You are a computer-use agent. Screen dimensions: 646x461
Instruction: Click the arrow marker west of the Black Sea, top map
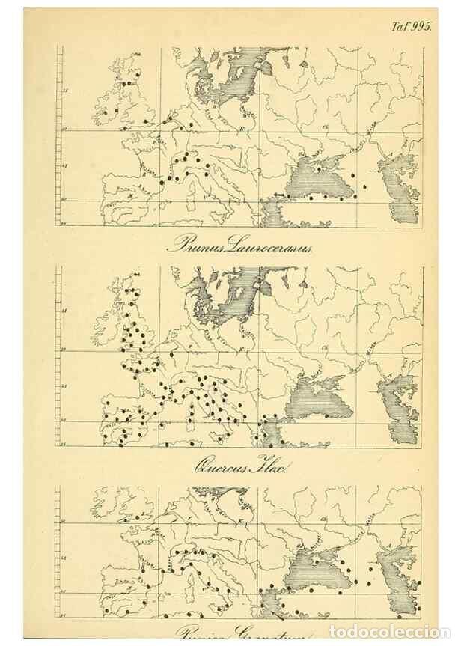tap(278, 195)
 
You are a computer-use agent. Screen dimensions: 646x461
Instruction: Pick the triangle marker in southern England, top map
tap(144, 121)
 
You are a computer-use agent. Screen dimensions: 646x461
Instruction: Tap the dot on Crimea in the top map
tap(318, 168)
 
